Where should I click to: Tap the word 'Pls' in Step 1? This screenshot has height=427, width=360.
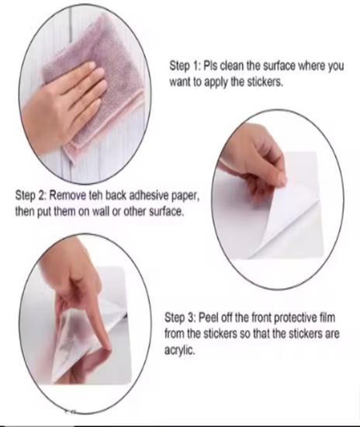coord(210,66)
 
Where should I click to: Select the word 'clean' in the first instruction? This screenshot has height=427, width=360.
coord(230,66)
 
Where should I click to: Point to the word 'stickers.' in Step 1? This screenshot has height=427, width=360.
coord(265,82)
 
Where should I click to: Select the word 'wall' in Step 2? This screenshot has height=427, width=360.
coord(101,211)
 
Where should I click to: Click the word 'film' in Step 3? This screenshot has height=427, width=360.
coord(327,318)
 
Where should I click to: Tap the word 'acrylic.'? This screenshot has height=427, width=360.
coord(179,350)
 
